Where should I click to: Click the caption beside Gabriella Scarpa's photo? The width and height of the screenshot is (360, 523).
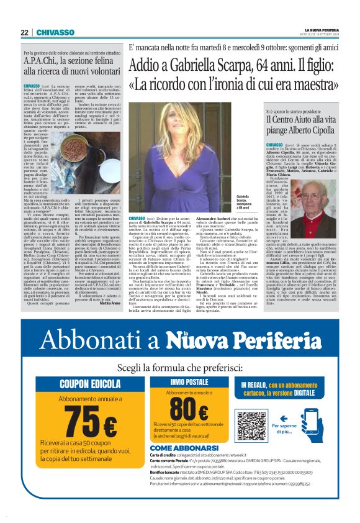[243, 202]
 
